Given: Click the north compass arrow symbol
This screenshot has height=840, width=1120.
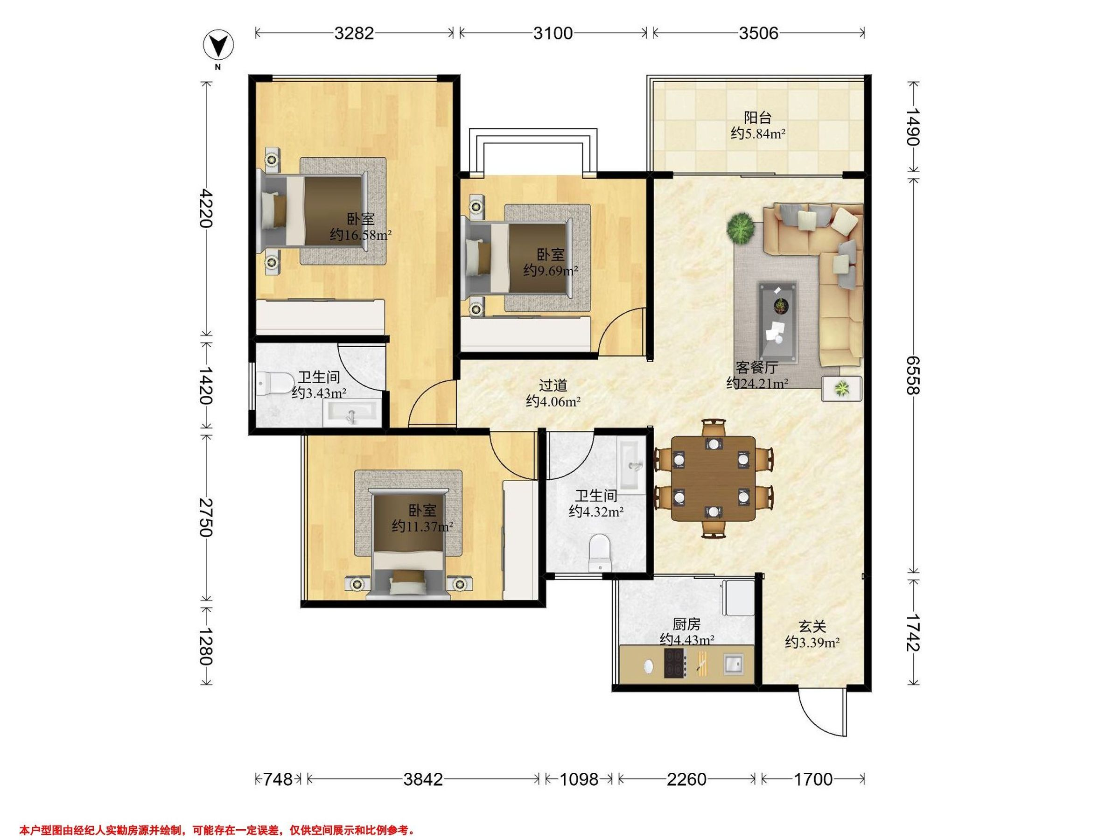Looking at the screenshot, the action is coord(218,46).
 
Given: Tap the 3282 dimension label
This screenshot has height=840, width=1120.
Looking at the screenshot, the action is coord(354,33).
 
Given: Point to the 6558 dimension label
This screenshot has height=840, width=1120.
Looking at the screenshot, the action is coord(912,375).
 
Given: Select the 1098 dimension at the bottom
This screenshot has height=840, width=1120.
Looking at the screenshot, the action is coord(579,779).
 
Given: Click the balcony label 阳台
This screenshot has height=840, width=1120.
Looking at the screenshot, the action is coord(757,118).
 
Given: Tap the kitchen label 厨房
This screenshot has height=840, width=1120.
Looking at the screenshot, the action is coord(686,624).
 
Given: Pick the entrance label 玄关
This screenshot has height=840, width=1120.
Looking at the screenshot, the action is coord(812,626).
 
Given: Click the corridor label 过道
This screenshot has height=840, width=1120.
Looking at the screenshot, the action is coord(553,385).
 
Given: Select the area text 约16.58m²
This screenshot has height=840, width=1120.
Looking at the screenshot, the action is coord(361,235).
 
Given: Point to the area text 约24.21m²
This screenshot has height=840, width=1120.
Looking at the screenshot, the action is coord(757,383).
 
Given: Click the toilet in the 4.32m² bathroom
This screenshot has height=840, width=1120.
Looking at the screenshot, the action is coord(601,553).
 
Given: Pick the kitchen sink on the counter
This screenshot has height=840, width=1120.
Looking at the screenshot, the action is coord(733,664).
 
